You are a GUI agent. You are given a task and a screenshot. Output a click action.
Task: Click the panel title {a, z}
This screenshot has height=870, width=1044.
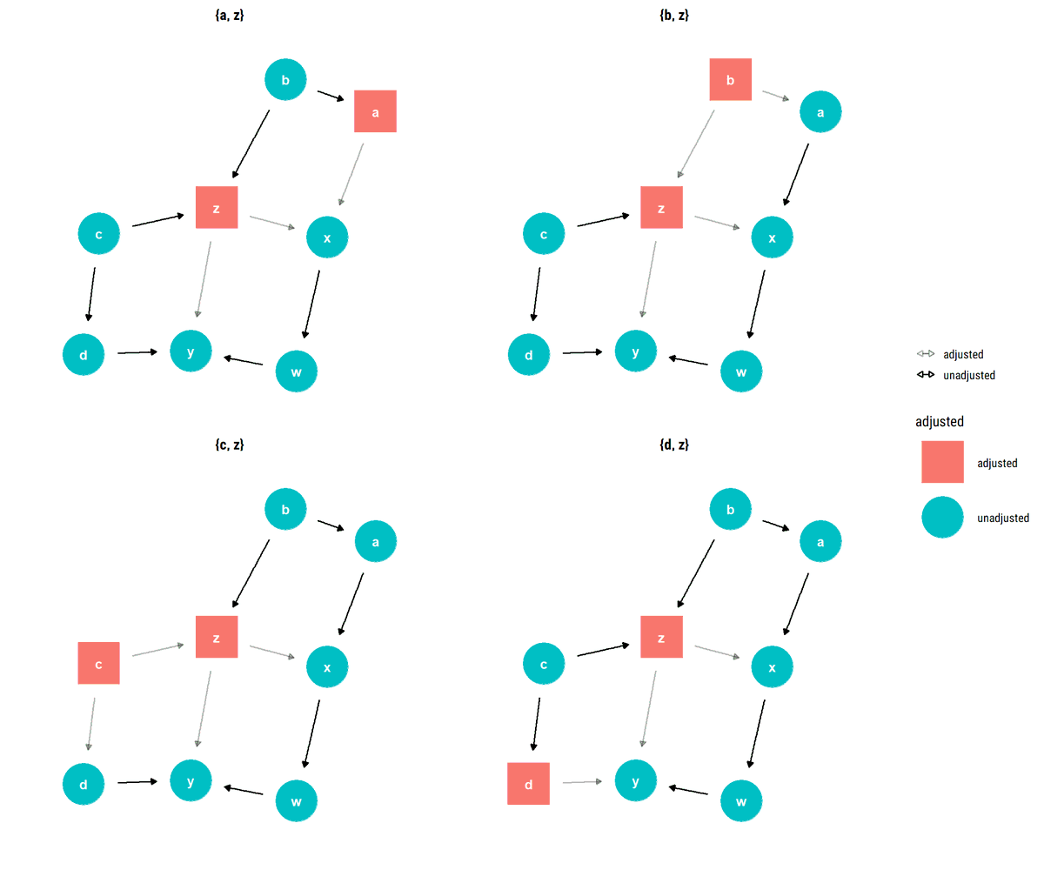point(229,15)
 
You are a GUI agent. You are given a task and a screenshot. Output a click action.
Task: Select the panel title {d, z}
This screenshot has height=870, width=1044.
point(674,445)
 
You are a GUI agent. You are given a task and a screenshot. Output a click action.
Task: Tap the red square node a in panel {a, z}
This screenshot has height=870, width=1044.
point(375,111)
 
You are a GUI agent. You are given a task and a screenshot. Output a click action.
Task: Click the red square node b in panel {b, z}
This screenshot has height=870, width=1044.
point(731,80)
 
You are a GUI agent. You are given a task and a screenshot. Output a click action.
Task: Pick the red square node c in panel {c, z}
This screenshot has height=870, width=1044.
point(98,663)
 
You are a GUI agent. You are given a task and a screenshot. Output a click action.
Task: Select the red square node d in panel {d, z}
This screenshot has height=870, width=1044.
point(528,783)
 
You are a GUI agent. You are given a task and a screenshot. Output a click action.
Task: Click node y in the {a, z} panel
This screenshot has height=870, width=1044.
point(191,351)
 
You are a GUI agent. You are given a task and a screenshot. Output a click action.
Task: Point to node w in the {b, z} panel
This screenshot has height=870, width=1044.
point(741,372)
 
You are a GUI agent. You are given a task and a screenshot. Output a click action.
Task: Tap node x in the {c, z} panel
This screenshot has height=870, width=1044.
point(327,667)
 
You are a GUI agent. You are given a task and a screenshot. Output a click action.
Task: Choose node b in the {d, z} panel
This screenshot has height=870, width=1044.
point(731,510)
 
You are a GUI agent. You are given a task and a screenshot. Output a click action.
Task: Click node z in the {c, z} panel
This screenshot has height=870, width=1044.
point(217,637)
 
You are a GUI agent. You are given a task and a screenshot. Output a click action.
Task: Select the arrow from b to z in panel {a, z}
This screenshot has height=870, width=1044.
point(251,144)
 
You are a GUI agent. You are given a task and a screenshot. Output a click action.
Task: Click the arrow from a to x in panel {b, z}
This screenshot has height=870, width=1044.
point(796,174)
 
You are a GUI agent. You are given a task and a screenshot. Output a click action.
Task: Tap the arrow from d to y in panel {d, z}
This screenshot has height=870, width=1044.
point(582,782)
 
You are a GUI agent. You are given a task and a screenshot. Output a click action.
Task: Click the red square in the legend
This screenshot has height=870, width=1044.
point(942,462)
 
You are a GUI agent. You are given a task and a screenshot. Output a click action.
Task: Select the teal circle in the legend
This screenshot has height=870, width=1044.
point(942,517)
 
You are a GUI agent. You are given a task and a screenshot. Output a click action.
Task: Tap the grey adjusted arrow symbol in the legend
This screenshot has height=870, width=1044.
point(926,354)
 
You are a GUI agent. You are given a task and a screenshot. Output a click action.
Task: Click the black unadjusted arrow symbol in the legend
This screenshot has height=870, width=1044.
point(926,375)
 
